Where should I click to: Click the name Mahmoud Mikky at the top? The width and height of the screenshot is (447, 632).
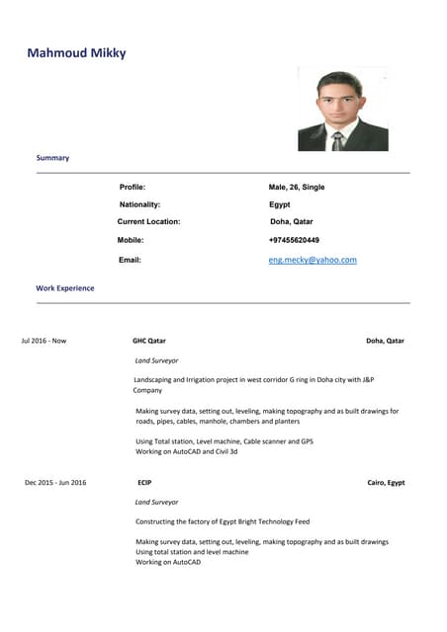pos(76,52)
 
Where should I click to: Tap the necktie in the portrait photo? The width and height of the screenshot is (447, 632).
pos(338,139)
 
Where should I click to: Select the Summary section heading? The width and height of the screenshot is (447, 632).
pos(52,158)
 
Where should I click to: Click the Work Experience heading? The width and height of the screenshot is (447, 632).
pos(65,288)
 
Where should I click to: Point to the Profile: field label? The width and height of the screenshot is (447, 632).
pos(133,187)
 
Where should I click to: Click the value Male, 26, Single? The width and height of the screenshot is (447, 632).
pos(297,187)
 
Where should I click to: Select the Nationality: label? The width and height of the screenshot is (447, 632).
pos(139,204)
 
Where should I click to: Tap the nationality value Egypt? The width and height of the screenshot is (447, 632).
pos(280,204)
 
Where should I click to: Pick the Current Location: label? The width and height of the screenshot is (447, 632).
pos(148,222)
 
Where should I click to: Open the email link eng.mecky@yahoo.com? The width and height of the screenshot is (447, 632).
pos(313,260)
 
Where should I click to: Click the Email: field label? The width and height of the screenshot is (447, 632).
pos(130,260)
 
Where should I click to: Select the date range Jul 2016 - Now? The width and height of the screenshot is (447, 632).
pos(44,341)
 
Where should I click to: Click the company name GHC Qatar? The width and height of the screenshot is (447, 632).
pos(149,341)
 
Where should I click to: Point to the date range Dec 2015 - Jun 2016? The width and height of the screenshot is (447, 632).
pos(55,483)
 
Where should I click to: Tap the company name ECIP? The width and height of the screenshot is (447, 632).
pos(144,483)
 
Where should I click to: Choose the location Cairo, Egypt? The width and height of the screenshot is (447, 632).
pos(386,483)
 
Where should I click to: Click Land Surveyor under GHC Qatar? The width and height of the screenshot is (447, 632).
pos(156,360)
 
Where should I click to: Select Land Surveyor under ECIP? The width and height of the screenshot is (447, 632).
pos(156,502)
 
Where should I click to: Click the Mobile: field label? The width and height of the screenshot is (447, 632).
pos(131,240)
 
